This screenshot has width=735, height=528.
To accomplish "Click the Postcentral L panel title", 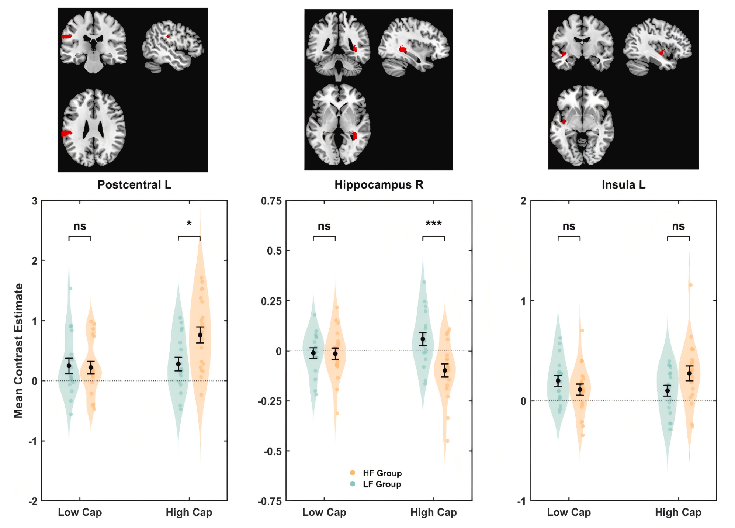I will point(134,184).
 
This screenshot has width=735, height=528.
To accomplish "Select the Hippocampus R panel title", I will point(379,184).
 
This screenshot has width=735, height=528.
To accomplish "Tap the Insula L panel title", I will point(623,184).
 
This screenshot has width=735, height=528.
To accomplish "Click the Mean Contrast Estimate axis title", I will point(18,351).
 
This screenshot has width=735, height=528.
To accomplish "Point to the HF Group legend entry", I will point(382,473).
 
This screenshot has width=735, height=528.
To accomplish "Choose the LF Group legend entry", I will point(381,484).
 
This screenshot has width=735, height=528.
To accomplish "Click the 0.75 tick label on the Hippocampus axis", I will point(271,201).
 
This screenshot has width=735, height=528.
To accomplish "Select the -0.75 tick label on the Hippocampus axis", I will point(270,501).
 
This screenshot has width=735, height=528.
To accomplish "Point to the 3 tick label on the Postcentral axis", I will point(35,201).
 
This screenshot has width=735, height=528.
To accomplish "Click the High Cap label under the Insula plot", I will point(678,512).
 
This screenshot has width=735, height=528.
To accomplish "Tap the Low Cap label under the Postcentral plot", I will point(80,512).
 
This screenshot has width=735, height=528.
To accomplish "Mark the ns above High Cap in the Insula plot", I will point(678,226).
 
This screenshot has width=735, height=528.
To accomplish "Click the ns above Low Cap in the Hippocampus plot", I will point(324,226).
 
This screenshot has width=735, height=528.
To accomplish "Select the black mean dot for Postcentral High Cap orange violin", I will point(200,335).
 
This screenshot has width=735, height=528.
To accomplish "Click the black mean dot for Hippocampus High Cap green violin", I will point(423,339).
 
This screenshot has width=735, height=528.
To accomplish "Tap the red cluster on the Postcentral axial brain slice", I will point(66,133).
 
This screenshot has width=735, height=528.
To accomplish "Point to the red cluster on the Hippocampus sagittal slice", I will point(403,49).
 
